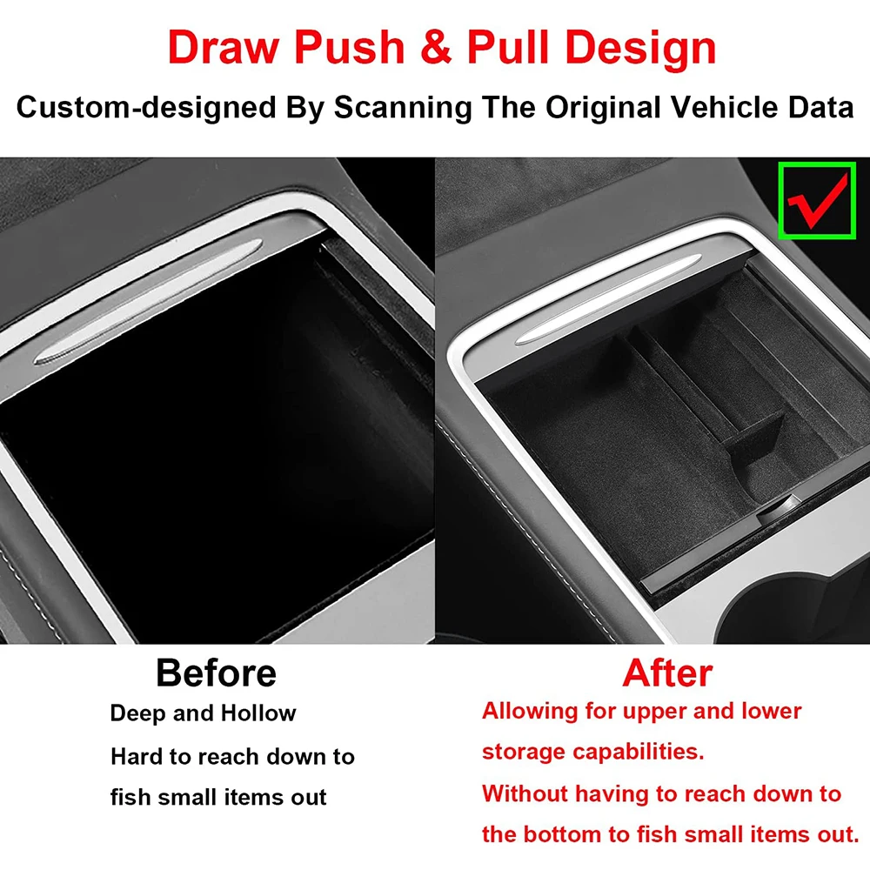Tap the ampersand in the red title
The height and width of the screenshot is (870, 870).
436,48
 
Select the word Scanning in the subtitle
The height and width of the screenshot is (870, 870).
402,108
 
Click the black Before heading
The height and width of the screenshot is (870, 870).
217,673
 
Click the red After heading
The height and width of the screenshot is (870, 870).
667,673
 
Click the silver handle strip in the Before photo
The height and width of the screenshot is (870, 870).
148,302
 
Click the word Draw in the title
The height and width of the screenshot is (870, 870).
223,48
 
